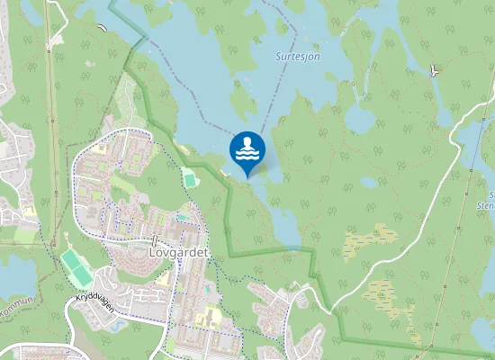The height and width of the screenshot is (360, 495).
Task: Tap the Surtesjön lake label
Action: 298,56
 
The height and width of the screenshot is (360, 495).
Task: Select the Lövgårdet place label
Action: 176,253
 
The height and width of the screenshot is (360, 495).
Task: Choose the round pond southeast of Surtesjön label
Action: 361,117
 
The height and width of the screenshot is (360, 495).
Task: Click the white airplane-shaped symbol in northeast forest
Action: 436,70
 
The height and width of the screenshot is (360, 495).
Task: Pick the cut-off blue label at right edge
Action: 490,199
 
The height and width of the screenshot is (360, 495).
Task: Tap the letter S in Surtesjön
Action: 278,56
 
